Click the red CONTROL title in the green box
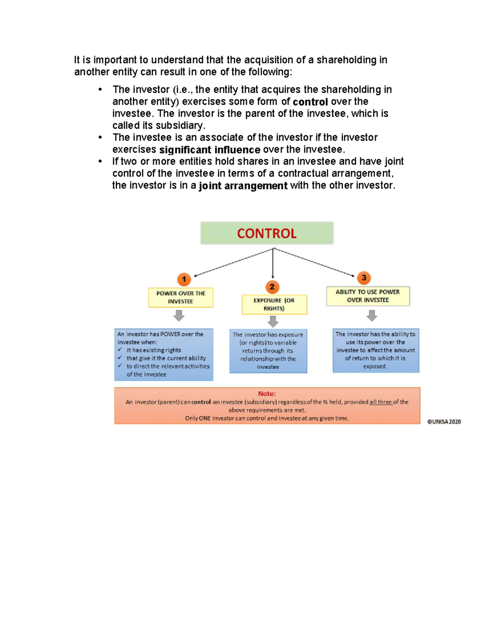point(266,233)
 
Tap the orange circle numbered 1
point(184,279)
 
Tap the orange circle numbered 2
point(272,287)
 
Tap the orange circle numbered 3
point(364,277)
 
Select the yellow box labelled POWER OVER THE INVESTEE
point(181,298)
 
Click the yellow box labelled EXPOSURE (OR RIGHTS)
point(274,304)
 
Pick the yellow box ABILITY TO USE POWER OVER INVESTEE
point(368,296)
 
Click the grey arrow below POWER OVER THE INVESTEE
point(179,315)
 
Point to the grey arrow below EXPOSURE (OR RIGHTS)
point(273,321)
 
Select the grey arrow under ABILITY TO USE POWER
point(372,315)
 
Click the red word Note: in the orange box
point(267,394)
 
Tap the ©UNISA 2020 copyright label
point(444,421)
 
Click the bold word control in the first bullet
point(310,102)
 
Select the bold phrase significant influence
point(210,150)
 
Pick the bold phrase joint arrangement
point(243,186)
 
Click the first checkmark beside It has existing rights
point(120,350)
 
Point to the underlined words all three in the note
point(380,402)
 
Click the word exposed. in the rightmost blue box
point(375,367)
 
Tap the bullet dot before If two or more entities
point(100,161)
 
